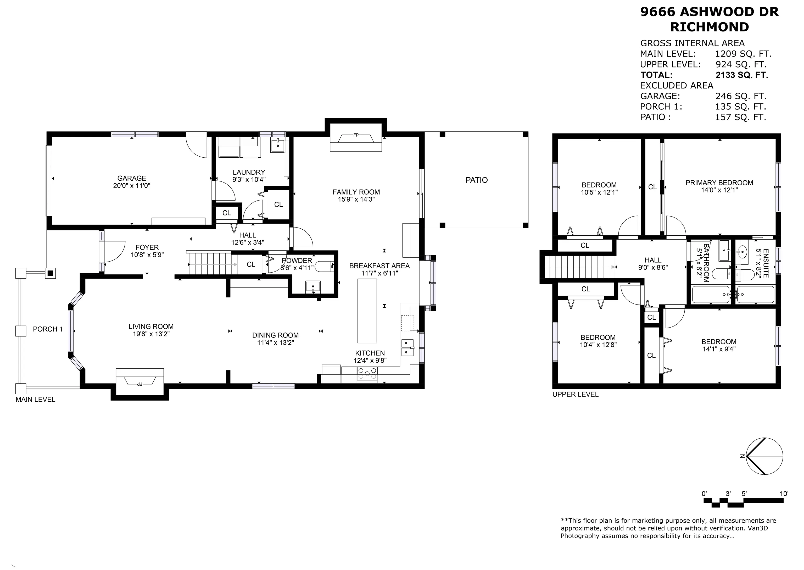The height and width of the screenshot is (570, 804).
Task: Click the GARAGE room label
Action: pyautogui.click(x=132, y=178)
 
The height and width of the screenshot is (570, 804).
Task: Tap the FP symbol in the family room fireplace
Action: pyautogui.click(x=356, y=135)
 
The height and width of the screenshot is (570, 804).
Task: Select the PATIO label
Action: pyautogui.click(x=476, y=180)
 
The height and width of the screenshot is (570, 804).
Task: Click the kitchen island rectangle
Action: pyautogui.click(x=367, y=311)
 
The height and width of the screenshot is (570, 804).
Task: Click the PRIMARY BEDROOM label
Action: pyautogui.click(x=719, y=183)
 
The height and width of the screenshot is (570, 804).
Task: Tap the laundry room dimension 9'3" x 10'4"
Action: pyautogui.click(x=249, y=179)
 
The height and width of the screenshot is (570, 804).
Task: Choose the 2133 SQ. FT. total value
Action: pyautogui.click(x=741, y=75)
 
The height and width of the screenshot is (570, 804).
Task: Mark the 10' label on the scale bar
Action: pyautogui.click(x=784, y=494)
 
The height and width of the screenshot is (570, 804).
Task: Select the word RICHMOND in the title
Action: pyautogui.click(x=709, y=27)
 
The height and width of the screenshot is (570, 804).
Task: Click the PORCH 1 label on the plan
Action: pyautogui.click(x=48, y=329)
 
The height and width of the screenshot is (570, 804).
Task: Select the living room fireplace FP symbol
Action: pyautogui.click(x=139, y=384)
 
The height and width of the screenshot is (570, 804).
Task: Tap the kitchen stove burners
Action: pyautogui.click(x=367, y=373)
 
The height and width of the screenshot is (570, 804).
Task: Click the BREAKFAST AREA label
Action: pyautogui.click(x=379, y=266)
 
